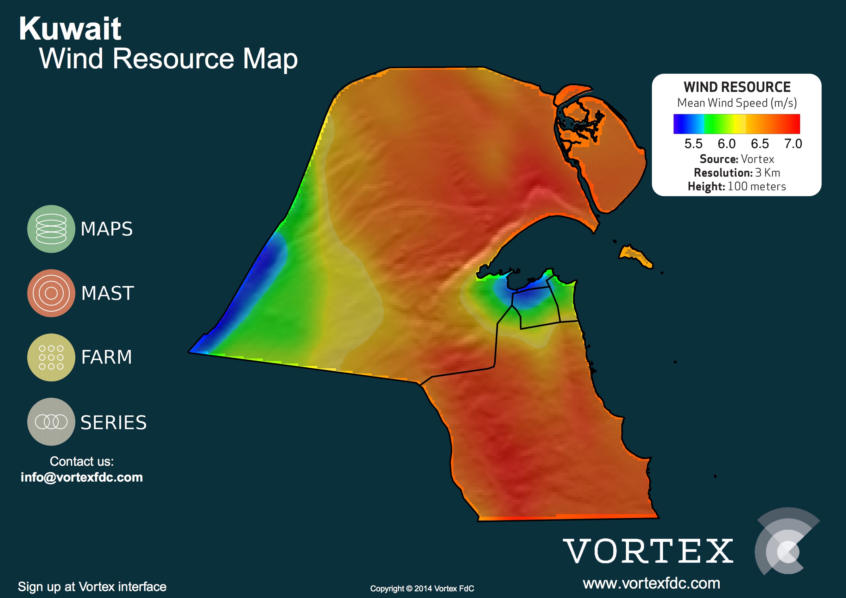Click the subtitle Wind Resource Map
tap(168, 59)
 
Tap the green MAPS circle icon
tap(51, 229)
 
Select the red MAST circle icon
tap(51, 293)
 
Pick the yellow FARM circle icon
tap(51, 357)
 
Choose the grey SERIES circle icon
tap(51, 422)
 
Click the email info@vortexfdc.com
tap(82, 477)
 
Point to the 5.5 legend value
tap(693, 144)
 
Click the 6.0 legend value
tap(726, 144)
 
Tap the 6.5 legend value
tap(760, 144)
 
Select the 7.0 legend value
tap(793, 144)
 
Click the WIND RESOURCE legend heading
tap(737, 87)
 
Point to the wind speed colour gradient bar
tap(736, 124)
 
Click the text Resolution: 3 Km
tap(737, 173)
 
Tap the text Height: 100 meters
tap(737, 186)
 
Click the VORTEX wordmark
tap(648, 551)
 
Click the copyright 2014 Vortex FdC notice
tap(422, 589)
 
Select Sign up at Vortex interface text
tap(92, 587)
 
